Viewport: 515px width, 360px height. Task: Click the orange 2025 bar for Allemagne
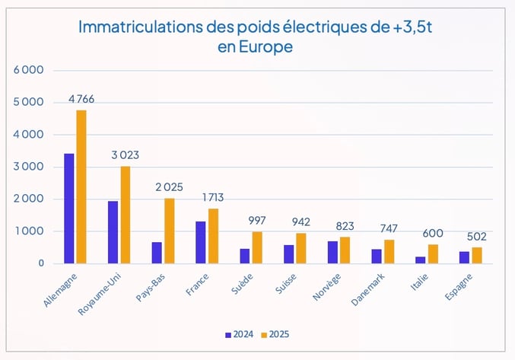pyautogui.click(x=81, y=187)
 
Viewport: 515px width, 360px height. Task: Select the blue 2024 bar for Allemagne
pyautogui.click(x=69, y=209)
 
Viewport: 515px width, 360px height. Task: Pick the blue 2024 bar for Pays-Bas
pyautogui.click(x=157, y=253)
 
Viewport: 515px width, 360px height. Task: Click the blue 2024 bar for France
pyautogui.click(x=201, y=243)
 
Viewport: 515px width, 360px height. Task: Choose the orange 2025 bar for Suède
pyautogui.click(x=257, y=248)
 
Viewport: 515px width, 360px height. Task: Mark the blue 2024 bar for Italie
pyautogui.click(x=421, y=260)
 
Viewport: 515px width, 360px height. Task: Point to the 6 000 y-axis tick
pyautogui.click(x=29, y=70)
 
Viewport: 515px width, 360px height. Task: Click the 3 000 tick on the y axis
pyautogui.click(x=29, y=167)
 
